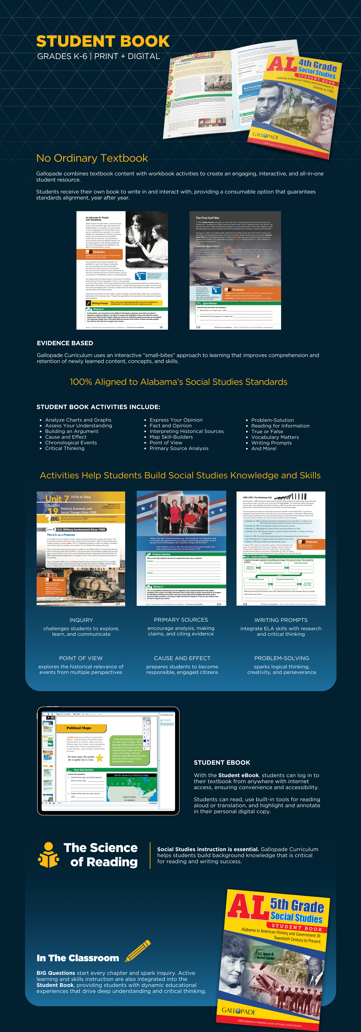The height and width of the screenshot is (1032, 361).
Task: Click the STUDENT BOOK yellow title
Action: pos(103,41)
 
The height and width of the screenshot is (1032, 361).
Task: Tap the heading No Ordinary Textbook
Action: pos(92,158)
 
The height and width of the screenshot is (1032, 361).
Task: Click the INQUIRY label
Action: pos(81,620)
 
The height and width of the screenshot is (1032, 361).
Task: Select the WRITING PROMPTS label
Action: pos(281,620)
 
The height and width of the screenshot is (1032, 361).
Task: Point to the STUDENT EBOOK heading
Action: pos(222,762)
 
